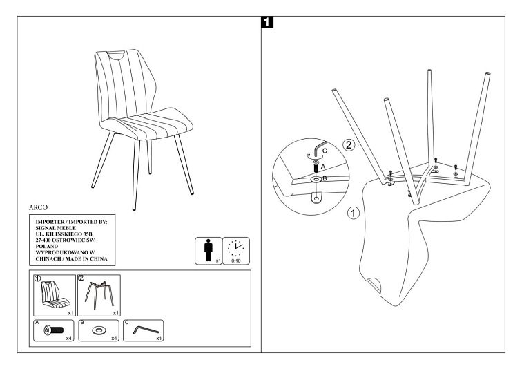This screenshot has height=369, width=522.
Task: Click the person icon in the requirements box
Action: pos(208,251)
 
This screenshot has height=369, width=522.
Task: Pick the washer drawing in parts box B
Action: pos(97,330)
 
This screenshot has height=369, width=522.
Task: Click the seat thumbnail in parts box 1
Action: pos(51,294)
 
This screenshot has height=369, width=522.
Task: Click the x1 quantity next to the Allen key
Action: pos(158,339)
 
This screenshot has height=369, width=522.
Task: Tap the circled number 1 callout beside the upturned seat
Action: pos(354,213)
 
